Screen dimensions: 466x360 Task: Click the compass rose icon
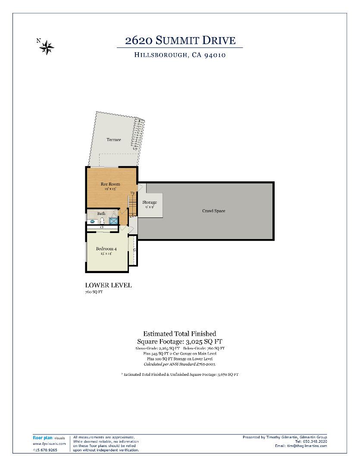(46, 46)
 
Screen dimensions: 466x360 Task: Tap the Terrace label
(114, 140)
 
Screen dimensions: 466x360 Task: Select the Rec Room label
(110, 184)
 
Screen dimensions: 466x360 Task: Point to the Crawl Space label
(214, 211)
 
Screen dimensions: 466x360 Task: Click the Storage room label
(150, 202)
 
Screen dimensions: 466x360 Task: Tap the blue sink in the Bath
(92, 221)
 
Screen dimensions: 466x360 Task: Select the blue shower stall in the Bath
(113, 221)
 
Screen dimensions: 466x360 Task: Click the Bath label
(101, 214)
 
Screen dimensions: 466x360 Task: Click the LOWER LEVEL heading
(108, 285)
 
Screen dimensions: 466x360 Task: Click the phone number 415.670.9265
(45, 450)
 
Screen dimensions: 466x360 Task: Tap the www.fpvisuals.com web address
(49, 444)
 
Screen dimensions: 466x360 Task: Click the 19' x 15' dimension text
(110, 189)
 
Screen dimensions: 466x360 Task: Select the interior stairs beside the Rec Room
(132, 205)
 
